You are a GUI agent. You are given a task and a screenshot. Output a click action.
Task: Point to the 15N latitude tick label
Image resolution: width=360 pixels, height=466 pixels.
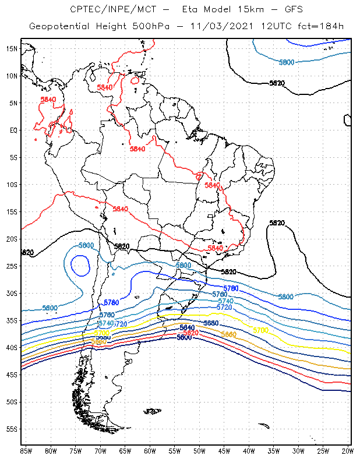coord(12,48)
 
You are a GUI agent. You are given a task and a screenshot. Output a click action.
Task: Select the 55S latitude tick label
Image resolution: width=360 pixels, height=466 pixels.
coord(12,429)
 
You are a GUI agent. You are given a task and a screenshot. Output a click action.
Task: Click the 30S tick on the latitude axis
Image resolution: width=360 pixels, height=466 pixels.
coord(12,293)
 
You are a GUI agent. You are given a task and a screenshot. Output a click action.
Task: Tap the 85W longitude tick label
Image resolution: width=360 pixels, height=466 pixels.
coord(26,451)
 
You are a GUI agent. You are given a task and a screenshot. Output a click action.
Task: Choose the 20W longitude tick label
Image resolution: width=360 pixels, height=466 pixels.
coord(348,451)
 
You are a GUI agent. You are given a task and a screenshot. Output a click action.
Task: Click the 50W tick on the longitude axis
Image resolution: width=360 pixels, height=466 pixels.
coord(199,451)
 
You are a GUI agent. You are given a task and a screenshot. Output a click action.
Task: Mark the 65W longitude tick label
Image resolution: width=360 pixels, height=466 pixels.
coord(125,451)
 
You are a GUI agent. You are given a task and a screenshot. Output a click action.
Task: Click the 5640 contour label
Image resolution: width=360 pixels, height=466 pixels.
coord(187,328)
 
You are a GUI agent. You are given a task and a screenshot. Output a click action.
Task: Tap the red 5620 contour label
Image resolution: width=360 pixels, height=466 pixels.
coord(191,333)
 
